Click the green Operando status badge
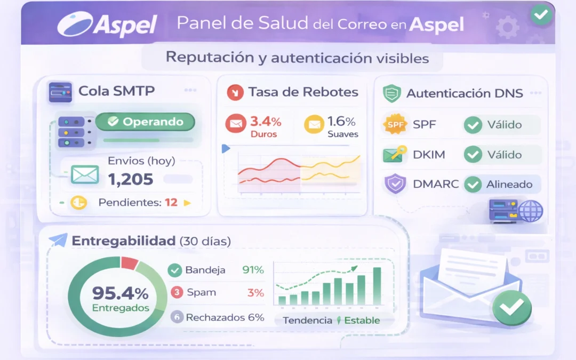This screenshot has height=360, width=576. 145,122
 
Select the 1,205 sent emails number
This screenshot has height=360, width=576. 131,179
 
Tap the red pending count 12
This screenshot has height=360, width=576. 171,203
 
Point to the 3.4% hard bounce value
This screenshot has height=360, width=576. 266,122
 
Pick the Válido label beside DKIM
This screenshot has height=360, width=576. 504,155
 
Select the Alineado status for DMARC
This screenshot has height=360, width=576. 509,185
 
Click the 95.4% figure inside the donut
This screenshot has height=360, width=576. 120,293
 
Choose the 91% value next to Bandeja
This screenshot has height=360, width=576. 253,270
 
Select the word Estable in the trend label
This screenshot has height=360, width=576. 362,321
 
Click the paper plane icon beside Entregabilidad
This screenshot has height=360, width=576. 58,241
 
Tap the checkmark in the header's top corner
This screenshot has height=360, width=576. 541,15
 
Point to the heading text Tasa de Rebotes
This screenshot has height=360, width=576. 303,92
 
